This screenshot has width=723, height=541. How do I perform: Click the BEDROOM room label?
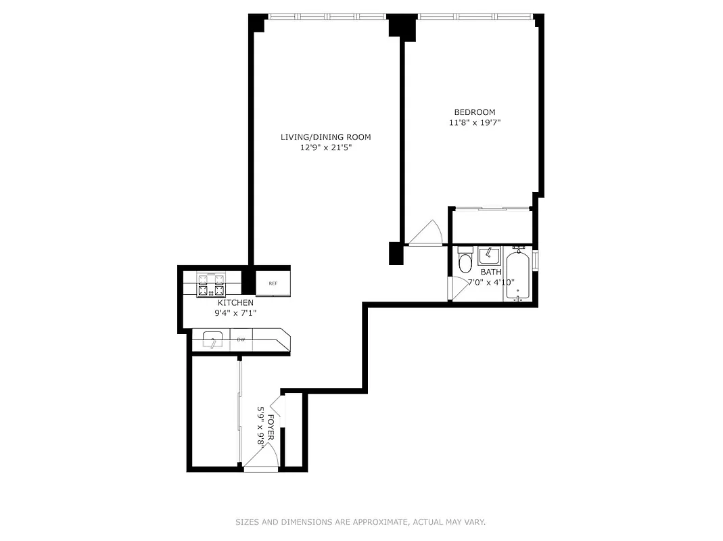[x=474, y=112]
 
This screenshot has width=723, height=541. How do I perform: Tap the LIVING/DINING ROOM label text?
[x=325, y=137]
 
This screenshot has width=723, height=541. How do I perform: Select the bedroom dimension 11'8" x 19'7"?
[x=474, y=123]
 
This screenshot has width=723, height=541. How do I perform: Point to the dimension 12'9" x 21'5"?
[x=325, y=148]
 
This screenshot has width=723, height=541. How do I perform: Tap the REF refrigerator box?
[x=273, y=283]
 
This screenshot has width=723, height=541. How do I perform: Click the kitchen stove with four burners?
[x=210, y=284]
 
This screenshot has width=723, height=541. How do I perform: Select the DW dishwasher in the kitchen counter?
[x=241, y=339]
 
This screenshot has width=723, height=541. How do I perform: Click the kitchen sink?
[x=212, y=340]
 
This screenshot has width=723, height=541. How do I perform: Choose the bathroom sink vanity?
[x=488, y=256]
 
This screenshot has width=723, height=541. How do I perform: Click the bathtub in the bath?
[x=518, y=276]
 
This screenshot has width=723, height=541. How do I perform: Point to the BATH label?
[x=491, y=273]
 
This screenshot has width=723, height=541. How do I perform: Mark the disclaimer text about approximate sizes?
[x=360, y=522]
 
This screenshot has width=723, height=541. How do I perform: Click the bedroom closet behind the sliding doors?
[x=491, y=226]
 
